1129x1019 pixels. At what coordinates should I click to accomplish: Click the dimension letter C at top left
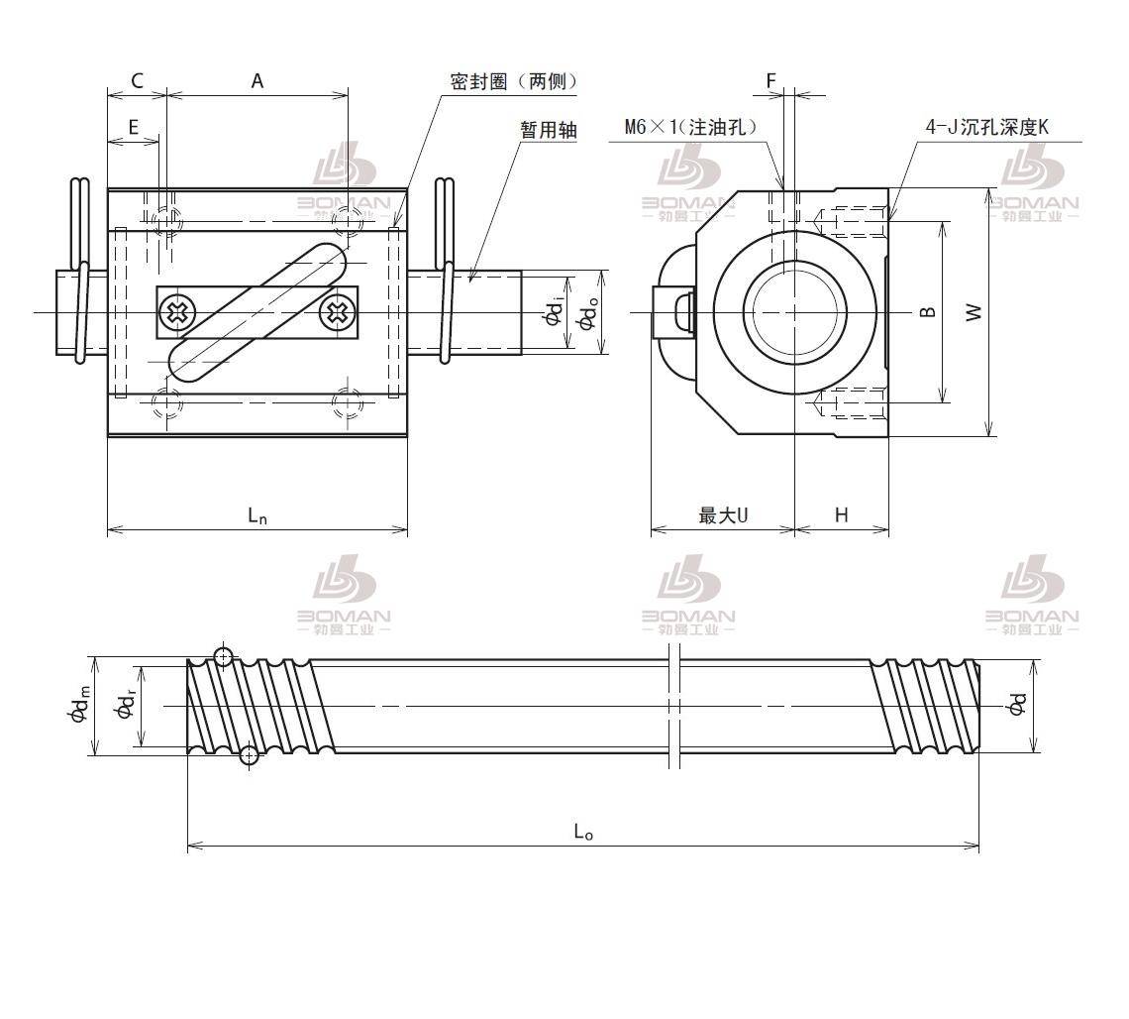[x=137, y=81]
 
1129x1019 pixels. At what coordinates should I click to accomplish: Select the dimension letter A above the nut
[x=257, y=81]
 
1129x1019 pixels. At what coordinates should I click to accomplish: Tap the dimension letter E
[x=133, y=126]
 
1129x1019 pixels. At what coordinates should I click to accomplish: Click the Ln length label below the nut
[x=257, y=514]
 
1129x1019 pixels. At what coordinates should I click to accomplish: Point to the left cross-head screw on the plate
[x=179, y=313]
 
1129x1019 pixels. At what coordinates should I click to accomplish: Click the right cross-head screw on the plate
[x=337, y=313]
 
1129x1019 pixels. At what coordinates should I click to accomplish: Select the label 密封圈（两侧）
[x=513, y=82]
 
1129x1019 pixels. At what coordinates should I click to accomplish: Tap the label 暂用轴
[x=549, y=129]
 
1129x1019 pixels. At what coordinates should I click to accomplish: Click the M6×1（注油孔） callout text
[x=690, y=127]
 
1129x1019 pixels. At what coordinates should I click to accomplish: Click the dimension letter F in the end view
[x=771, y=80]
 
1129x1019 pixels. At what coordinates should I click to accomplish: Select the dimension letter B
[x=927, y=311]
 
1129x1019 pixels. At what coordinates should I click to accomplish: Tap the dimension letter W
[x=975, y=311]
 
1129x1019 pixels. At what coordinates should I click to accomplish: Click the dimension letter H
[x=841, y=514]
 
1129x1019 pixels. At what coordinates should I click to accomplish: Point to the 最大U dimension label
[x=723, y=514]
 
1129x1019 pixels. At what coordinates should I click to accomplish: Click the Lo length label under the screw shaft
[x=583, y=832]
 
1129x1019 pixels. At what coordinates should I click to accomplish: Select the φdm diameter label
[x=80, y=706]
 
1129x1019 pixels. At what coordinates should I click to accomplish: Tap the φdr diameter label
[x=125, y=706]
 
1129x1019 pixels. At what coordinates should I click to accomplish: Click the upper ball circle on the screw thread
[x=224, y=656]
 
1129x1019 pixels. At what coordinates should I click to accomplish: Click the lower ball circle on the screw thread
[x=250, y=756]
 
